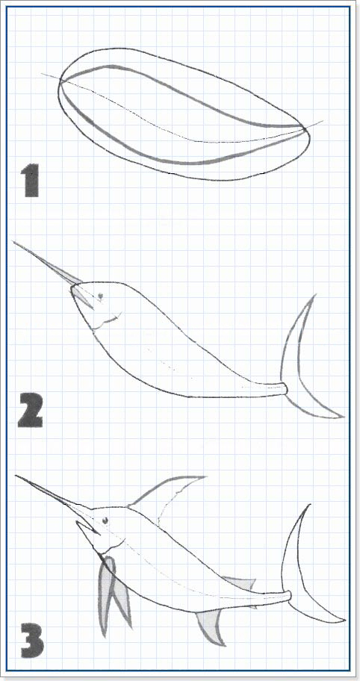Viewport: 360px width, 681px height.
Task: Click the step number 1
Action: [x=31, y=180]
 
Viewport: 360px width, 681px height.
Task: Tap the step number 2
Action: [x=31, y=410]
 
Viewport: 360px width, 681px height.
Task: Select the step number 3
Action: [x=32, y=640]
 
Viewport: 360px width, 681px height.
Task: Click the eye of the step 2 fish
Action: [x=100, y=296]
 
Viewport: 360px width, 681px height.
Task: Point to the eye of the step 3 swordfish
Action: [x=105, y=520]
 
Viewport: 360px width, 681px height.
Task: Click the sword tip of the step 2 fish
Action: [x=14, y=241]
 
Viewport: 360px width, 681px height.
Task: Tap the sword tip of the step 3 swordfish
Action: [x=16, y=476]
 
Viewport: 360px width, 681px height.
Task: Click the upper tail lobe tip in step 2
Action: [x=315, y=295]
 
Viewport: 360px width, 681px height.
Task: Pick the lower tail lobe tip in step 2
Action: [x=343, y=417]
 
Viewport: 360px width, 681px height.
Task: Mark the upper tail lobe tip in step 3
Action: [x=309, y=505]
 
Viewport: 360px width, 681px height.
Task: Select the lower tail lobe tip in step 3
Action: [x=345, y=621]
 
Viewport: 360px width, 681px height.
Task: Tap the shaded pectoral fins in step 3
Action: [x=113, y=595]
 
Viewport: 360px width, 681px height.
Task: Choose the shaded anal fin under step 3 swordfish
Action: [x=211, y=626]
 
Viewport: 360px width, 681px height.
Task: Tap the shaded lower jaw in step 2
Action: [x=82, y=296]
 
